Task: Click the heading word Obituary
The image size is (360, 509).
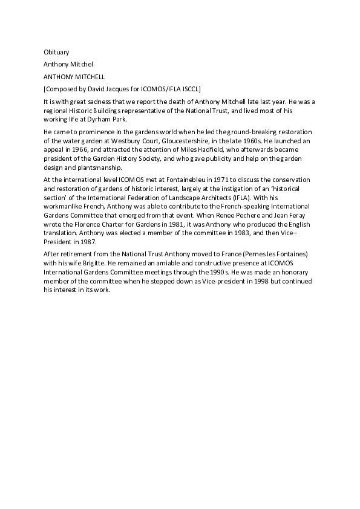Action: (56, 53)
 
